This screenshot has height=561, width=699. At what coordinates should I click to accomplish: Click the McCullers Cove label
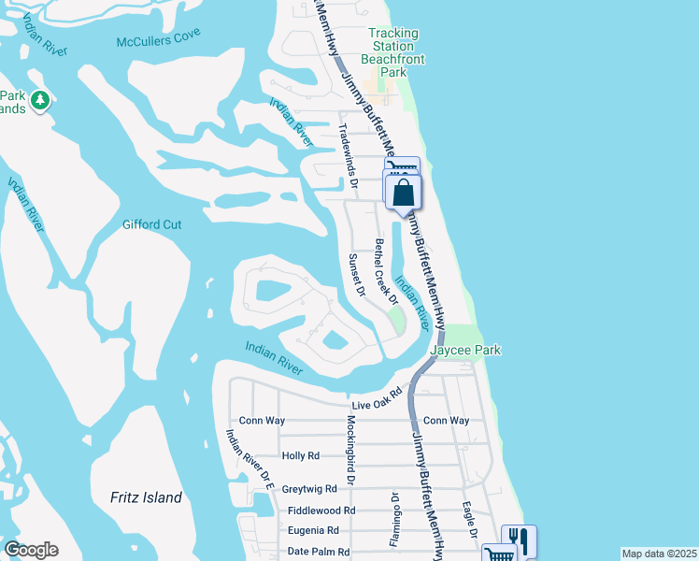(159, 40)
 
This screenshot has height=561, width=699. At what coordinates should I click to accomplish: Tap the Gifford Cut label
(151, 224)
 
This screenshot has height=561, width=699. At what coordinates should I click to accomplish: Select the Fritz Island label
(146, 497)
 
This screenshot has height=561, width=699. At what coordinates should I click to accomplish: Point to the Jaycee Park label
(465, 351)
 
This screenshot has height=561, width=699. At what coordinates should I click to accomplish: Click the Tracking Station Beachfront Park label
(392, 52)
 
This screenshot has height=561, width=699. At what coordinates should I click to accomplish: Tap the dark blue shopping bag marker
(404, 194)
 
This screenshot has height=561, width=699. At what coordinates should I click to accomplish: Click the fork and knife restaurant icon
(518, 540)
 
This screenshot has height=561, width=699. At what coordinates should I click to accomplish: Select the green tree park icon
(40, 100)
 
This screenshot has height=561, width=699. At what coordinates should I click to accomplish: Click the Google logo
(31, 550)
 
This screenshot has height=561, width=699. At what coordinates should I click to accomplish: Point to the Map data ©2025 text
(658, 554)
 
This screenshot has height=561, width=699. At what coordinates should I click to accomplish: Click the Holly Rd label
(300, 456)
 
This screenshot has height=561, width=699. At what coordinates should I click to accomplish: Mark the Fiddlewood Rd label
(321, 511)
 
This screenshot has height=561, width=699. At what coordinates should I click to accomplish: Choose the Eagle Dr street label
(470, 520)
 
